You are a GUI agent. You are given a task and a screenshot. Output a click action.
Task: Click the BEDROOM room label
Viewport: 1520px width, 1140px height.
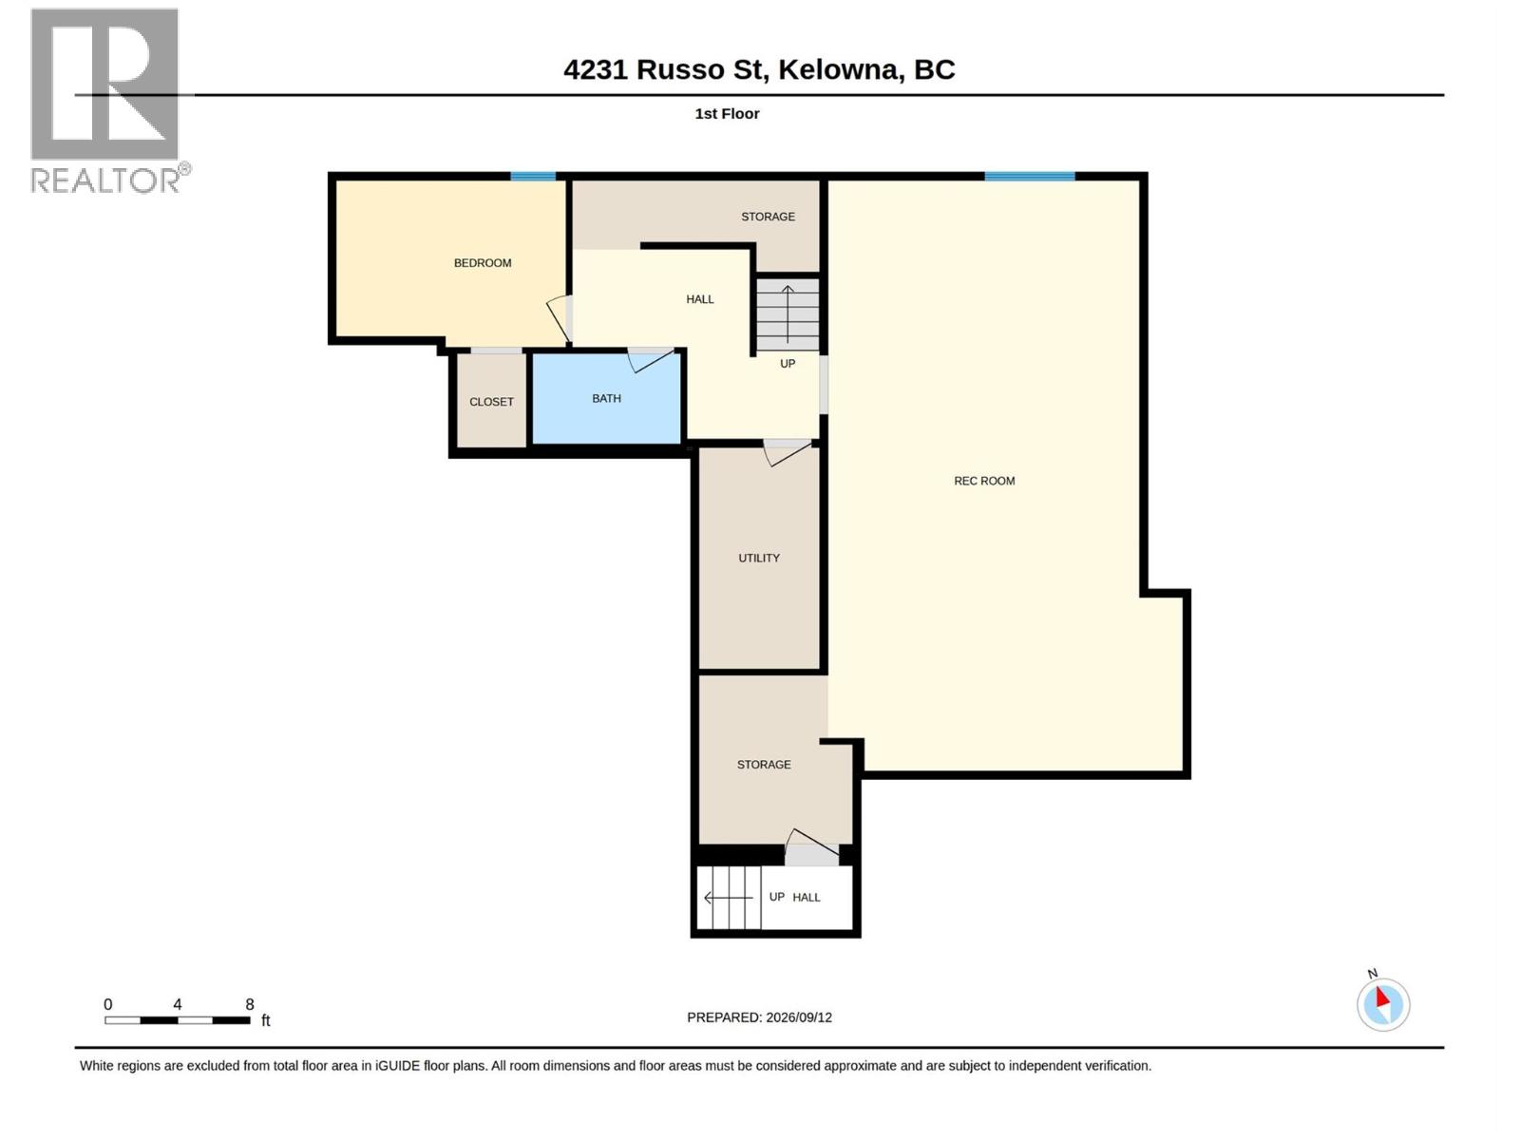(482, 263)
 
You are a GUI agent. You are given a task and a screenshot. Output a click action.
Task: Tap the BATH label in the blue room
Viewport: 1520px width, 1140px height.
(606, 399)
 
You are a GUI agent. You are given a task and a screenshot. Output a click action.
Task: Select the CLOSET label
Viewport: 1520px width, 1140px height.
(491, 402)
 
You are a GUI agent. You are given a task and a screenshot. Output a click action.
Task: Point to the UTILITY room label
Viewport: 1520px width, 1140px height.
(758, 558)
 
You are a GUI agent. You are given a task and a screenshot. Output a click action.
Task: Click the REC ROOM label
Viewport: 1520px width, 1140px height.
(983, 481)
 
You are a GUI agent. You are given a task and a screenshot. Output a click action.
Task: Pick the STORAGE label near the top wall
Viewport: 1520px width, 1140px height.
(768, 217)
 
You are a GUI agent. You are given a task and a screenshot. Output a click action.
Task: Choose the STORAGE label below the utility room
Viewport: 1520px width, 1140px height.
(763, 764)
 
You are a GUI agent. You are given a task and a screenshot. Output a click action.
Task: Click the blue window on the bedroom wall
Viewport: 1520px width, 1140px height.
(533, 177)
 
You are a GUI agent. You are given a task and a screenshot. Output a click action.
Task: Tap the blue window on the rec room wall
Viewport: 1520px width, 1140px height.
(1029, 177)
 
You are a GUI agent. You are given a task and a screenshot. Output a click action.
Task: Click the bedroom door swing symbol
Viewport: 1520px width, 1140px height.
(559, 319)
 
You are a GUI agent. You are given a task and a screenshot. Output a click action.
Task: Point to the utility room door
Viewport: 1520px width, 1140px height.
(787, 453)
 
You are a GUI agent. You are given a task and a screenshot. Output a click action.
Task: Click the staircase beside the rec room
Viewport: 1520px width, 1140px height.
(787, 315)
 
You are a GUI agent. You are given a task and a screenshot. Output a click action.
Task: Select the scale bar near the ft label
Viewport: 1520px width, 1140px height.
(178, 1020)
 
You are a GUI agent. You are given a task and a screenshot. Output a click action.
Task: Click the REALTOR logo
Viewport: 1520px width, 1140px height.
(109, 101)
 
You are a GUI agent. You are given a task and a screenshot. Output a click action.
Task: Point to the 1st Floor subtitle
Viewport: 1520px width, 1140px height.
(727, 113)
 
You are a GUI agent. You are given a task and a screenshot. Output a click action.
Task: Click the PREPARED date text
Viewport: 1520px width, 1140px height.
(759, 1017)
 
